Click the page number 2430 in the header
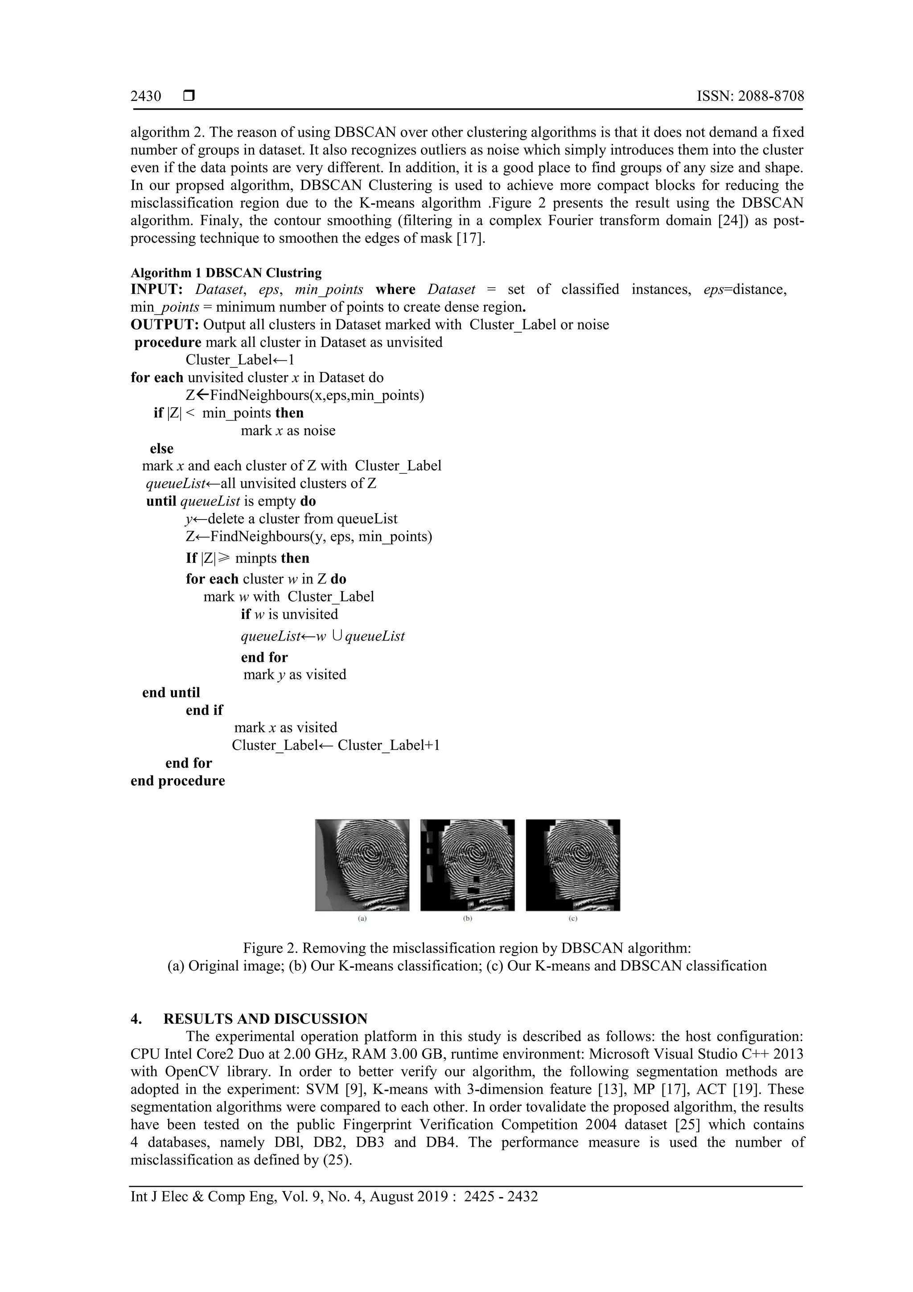(146, 96)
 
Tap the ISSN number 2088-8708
(771, 96)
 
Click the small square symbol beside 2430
(189, 96)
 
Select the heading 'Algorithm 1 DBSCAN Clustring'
(226, 273)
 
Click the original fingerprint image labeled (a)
(362, 865)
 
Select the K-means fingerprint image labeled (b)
(468, 865)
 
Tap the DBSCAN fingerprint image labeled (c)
(573, 865)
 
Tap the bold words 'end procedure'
(178, 781)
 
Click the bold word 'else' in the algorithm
(161, 449)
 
